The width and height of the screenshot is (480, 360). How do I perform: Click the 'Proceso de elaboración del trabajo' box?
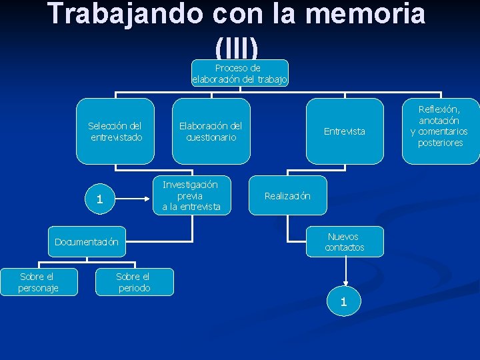(x=240, y=73)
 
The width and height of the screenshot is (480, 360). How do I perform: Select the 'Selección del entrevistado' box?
(x=115, y=131)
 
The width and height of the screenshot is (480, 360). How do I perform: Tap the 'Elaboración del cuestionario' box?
(x=211, y=131)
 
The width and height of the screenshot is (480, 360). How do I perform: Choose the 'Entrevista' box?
(x=345, y=131)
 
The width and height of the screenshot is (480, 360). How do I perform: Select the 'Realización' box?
(x=287, y=196)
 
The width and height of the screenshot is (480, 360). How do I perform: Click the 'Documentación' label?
(x=87, y=242)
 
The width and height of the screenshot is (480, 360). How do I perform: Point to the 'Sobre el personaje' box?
(x=39, y=282)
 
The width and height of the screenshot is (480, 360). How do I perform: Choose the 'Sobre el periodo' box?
(x=133, y=282)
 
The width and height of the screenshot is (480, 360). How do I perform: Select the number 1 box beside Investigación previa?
(x=99, y=199)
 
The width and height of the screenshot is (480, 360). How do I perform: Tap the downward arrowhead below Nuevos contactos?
(x=345, y=282)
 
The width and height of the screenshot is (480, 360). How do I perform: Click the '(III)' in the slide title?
(x=237, y=47)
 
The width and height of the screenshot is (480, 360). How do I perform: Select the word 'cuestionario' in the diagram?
(x=211, y=137)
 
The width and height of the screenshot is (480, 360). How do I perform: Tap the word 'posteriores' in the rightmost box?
(x=440, y=143)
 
